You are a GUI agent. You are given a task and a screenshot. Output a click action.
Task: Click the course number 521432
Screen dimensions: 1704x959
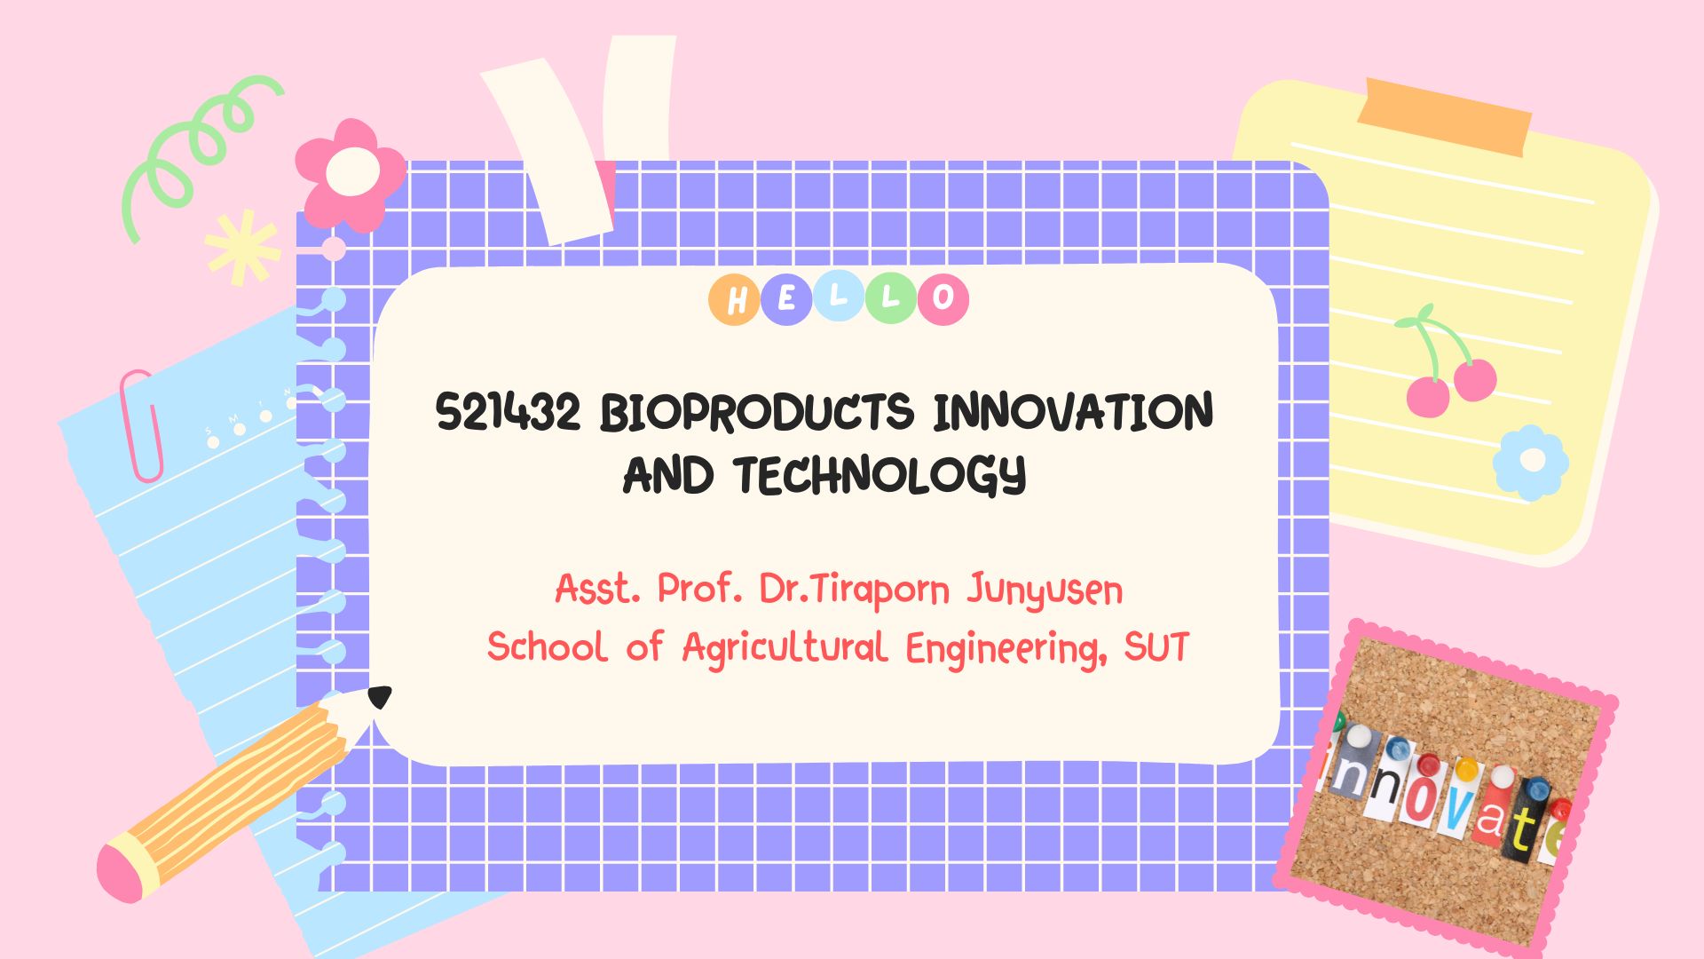[509, 412]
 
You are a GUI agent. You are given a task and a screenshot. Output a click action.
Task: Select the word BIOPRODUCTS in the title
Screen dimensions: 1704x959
[757, 412]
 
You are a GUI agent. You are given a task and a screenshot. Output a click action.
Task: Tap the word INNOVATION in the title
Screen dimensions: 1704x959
[1073, 412]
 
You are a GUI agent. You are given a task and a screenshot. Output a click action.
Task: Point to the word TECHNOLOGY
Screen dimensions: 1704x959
[880, 475]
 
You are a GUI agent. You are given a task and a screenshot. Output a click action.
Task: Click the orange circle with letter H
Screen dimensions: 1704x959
[734, 299]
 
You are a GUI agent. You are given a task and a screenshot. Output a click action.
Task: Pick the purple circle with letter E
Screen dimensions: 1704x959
[785, 299]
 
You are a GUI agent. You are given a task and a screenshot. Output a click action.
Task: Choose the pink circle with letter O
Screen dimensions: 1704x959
[943, 299]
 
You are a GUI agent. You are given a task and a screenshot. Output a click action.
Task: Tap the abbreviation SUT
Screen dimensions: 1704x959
[1156, 647]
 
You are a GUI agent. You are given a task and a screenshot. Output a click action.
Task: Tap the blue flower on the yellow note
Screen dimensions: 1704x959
[1531, 462]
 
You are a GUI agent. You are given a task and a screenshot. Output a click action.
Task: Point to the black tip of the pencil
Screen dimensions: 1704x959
[380, 697]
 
